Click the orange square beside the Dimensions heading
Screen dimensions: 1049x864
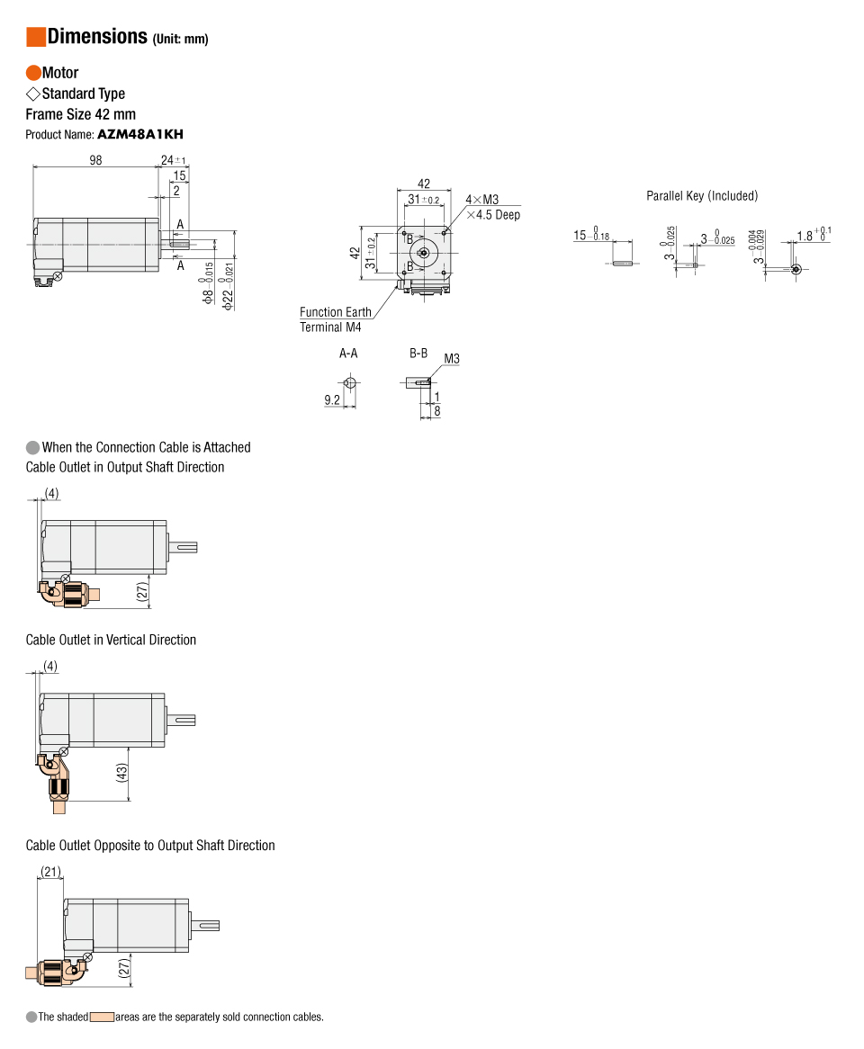36,37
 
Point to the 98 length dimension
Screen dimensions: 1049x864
95,160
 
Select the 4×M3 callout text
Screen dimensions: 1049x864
481,200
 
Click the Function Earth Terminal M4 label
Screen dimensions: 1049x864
335,319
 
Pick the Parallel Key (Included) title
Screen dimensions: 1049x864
702,195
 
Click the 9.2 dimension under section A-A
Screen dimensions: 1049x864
332,399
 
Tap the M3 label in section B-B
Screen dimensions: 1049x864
452,359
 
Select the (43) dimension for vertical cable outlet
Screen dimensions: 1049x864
122,773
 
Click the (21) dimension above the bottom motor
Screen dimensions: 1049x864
51,871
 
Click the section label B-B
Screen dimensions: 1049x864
418,354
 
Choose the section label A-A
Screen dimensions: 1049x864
348,354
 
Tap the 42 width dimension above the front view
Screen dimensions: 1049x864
424,184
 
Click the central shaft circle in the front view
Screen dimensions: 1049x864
424,253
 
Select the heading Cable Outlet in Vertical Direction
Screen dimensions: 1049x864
111,640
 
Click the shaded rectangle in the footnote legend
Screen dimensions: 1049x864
102,1018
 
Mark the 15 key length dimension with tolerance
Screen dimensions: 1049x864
590,237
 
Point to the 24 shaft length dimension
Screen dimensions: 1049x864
168,160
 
